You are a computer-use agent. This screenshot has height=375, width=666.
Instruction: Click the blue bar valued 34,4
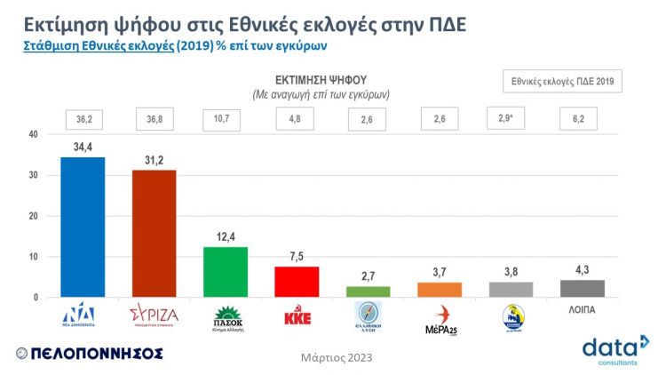(83, 227)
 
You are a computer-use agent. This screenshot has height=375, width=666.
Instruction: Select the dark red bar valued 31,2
(154, 234)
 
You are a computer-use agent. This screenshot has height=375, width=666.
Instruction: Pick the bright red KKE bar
(297, 282)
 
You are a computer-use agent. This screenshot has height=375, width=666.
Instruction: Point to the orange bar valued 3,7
(440, 290)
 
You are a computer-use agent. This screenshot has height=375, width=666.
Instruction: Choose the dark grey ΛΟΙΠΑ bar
(582, 289)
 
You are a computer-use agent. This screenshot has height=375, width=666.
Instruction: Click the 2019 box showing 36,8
(154, 119)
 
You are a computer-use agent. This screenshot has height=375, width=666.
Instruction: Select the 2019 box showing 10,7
(226, 119)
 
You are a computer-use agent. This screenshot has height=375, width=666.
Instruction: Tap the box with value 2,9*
(511, 118)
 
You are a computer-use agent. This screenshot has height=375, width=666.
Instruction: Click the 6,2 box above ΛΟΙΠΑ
(582, 119)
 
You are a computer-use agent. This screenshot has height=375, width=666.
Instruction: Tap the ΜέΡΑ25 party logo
(440, 317)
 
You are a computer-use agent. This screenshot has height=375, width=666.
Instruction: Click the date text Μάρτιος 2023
(337, 358)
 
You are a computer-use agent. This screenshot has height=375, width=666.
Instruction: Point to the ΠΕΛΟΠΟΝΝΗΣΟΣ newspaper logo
(89, 353)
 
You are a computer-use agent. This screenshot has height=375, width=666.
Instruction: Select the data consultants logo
(615, 349)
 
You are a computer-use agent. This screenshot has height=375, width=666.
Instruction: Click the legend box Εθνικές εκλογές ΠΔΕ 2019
(562, 81)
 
